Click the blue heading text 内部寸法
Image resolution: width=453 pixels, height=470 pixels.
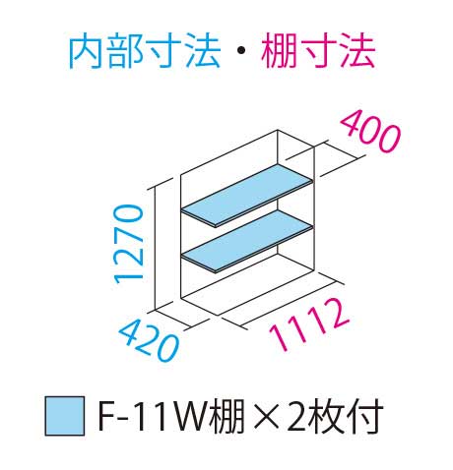point(144,51)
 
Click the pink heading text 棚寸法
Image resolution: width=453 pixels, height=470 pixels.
point(318,51)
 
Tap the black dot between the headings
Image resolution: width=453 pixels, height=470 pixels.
point(240,51)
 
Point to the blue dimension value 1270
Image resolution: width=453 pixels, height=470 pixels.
point(128,244)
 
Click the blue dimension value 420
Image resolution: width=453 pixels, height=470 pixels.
point(150,341)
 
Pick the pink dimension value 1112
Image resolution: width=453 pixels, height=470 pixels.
point(308,323)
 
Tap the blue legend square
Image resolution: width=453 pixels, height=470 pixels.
point(65,416)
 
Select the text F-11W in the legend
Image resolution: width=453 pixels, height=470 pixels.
point(153,416)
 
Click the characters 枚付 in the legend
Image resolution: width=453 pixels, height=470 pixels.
point(347,416)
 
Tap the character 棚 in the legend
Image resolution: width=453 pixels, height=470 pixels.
point(227,416)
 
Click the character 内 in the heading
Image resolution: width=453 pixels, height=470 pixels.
point(87,51)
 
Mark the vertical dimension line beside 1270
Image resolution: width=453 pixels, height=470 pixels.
point(155,249)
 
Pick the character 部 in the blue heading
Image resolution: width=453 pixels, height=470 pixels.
point(125,51)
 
